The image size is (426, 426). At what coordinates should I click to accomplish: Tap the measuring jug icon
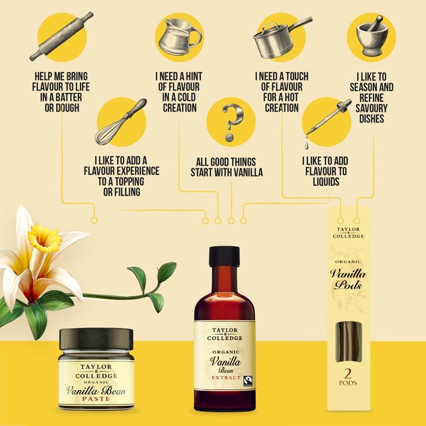(x=179, y=36)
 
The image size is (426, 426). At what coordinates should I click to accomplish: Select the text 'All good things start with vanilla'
(x=230, y=167)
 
